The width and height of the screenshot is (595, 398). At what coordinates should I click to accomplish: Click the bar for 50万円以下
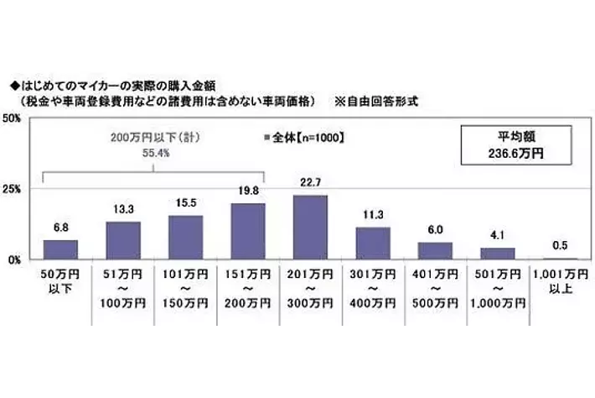coord(60,249)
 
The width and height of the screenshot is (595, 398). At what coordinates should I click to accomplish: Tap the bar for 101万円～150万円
coord(185,238)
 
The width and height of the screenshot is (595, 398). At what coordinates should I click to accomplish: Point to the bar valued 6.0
coord(434,251)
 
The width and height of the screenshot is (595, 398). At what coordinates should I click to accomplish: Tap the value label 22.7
coord(309,186)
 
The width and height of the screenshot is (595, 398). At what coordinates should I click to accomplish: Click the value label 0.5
coord(559,248)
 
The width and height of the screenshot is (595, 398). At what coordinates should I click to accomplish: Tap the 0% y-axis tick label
coord(16,260)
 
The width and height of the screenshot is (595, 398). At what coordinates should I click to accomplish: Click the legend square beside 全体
coord(266,136)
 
